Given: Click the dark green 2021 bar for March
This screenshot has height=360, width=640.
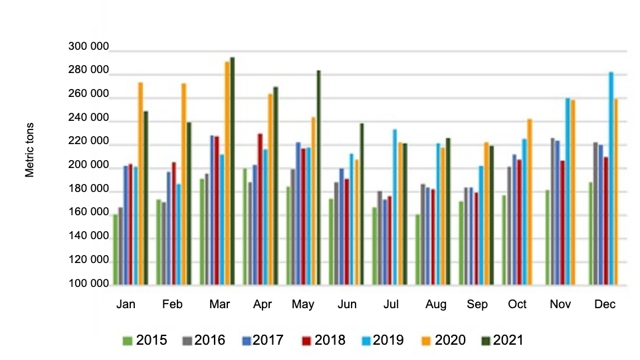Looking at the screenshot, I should click(x=232, y=173).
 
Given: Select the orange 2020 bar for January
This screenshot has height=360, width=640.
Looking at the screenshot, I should click(x=140, y=186).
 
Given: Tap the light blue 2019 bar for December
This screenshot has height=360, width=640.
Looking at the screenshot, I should click(x=611, y=179).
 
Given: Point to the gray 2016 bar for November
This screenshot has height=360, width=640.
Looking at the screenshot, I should click(x=552, y=212).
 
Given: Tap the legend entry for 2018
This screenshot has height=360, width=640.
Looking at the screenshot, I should click(x=323, y=340).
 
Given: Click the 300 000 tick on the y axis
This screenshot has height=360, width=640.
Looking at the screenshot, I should click(x=88, y=46).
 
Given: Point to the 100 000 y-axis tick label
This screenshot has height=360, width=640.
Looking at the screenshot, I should click(x=88, y=284).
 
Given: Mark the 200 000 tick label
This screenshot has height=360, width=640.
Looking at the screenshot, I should click(x=88, y=165).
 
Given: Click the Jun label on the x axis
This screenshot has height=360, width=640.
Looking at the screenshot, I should click(x=346, y=304).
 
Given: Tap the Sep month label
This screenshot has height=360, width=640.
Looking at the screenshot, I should click(x=477, y=304).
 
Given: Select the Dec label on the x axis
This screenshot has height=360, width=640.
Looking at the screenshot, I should click(x=605, y=304).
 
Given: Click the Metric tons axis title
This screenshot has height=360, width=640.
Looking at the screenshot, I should click(x=30, y=149).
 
